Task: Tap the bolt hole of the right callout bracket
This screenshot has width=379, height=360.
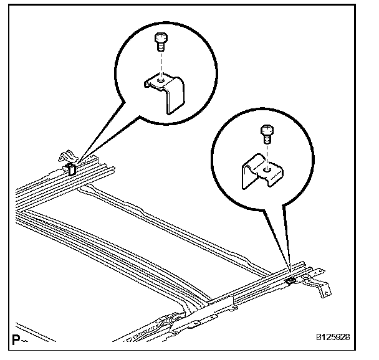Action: click(x=266, y=167)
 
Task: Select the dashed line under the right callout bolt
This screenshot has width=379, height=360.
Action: click(x=266, y=153)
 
